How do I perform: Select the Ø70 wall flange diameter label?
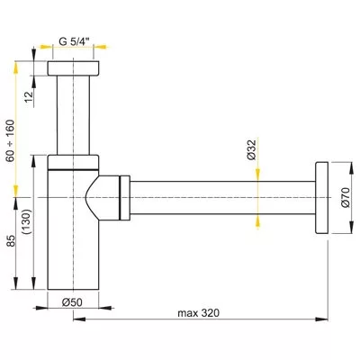(x=343, y=197)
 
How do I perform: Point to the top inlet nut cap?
(x=74, y=70)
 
